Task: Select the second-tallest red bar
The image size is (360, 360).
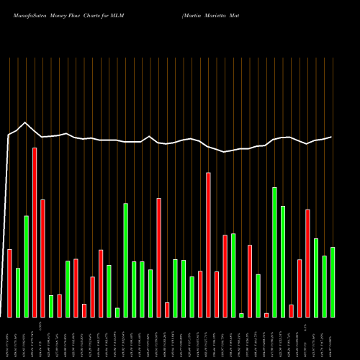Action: [208, 245]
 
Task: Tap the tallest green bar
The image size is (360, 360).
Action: [274, 252]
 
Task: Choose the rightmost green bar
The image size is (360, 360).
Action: [333, 282]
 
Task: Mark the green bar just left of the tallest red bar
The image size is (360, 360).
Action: [26, 266]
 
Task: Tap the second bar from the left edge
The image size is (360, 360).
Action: [18, 292]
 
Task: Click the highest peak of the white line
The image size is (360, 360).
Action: [26, 122]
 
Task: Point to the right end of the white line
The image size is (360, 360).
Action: [332, 137]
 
